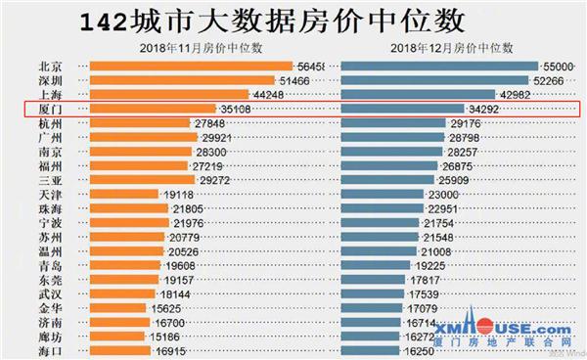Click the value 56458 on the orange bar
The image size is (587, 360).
tap(318, 66)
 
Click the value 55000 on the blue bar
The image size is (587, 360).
tap(554, 66)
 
